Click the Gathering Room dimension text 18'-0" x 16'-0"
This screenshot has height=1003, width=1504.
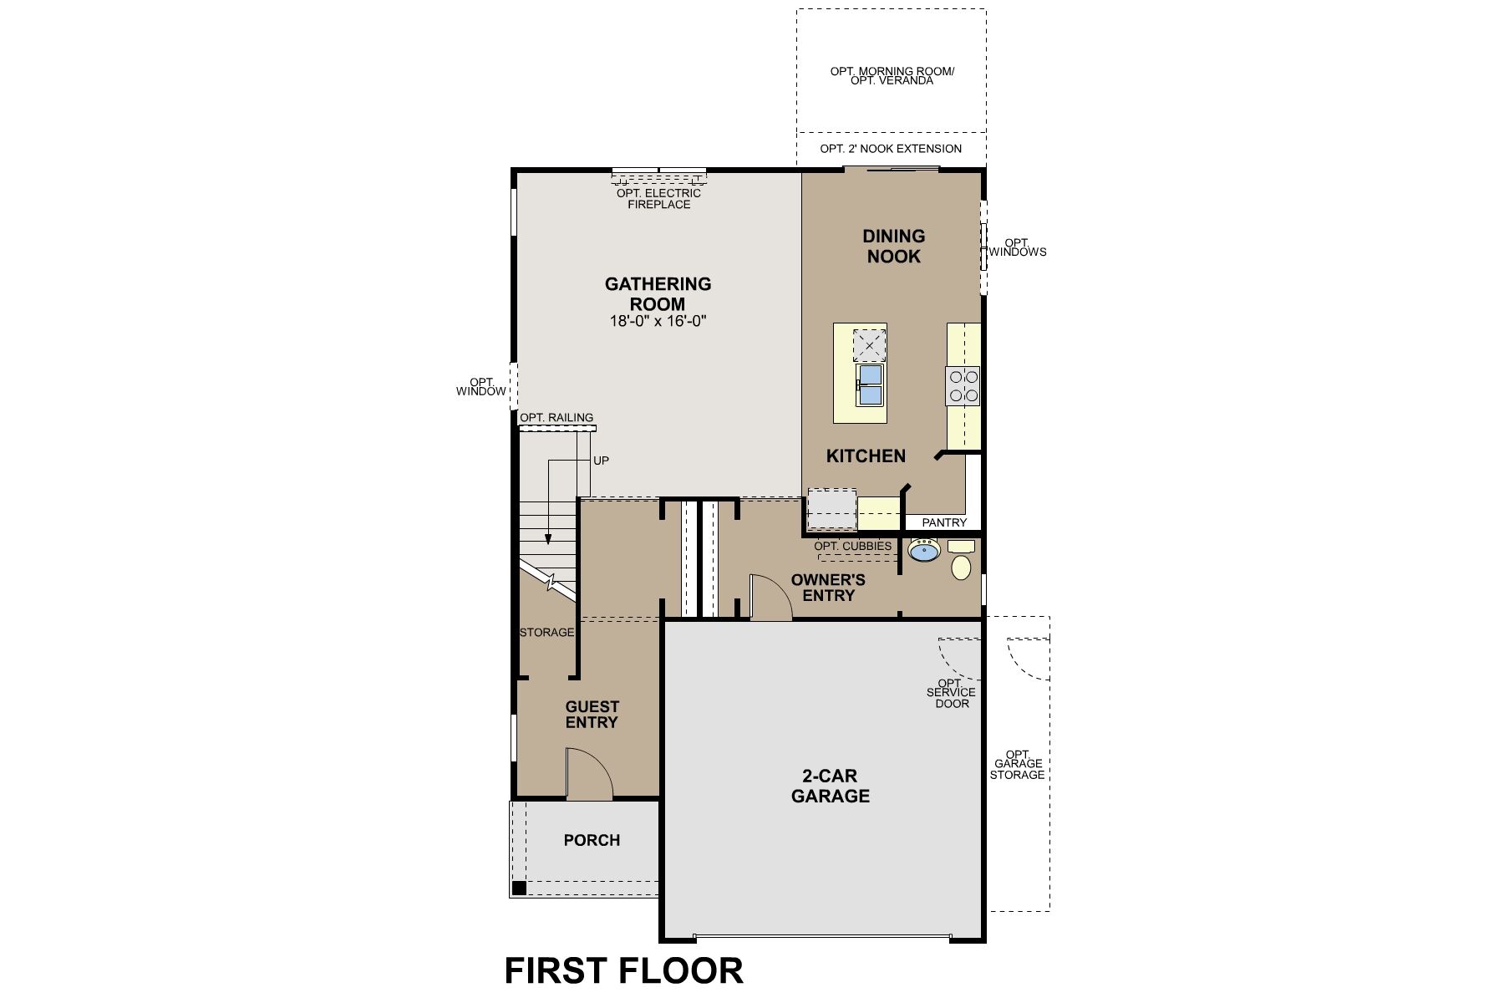[x=658, y=321]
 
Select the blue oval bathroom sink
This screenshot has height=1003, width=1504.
[x=924, y=551]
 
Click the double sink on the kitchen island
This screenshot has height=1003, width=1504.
[x=870, y=384]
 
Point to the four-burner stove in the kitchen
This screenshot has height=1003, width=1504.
[x=963, y=385]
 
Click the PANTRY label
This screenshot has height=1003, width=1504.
[x=944, y=522]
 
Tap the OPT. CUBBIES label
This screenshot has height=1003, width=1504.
[x=852, y=546]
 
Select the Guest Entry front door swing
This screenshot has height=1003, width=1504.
[x=587, y=773]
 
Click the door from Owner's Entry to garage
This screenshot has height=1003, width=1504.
[x=770, y=598]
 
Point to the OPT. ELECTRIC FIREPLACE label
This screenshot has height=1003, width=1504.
[x=658, y=199]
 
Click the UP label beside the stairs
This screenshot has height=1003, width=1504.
[x=601, y=461]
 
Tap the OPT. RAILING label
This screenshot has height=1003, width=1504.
[x=556, y=418]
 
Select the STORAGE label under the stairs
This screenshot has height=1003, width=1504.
[x=547, y=632]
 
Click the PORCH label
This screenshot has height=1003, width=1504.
[x=592, y=840]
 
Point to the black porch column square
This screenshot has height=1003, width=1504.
[x=519, y=888]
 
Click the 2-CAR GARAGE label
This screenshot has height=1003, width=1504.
[x=830, y=786]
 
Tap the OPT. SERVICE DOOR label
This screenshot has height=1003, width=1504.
[x=952, y=693]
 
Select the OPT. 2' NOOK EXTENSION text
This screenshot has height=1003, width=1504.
[x=891, y=149]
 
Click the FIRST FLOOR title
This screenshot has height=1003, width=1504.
[x=623, y=971]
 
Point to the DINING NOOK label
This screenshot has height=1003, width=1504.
[x=893, y=246]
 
